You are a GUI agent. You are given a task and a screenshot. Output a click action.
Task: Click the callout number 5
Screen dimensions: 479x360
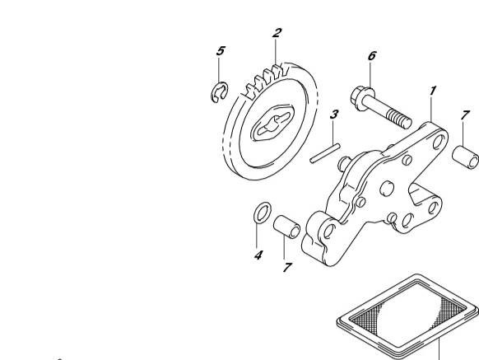221,51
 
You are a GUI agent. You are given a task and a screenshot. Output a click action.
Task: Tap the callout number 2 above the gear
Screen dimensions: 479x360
277,33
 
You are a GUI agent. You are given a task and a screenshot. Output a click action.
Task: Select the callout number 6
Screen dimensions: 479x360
372,56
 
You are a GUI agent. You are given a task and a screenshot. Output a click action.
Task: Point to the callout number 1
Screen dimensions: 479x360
433,91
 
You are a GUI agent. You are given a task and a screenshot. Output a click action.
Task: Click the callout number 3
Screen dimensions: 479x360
334,115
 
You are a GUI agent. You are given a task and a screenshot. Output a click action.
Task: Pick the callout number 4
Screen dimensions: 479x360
258,255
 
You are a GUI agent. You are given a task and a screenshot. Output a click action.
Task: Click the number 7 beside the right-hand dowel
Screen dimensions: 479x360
465,115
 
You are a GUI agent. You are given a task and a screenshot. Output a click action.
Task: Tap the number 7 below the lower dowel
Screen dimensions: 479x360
287,268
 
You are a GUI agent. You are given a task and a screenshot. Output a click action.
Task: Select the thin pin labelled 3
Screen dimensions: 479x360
325,153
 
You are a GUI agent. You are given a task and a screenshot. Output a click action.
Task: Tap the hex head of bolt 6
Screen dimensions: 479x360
363,99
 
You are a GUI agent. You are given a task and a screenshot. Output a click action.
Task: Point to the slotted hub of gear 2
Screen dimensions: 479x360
272,123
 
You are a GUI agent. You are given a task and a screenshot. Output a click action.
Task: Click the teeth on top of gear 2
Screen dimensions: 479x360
267,80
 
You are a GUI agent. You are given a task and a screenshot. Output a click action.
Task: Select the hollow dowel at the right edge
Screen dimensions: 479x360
466,157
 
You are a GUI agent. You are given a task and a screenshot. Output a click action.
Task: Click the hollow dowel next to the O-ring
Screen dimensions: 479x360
286,227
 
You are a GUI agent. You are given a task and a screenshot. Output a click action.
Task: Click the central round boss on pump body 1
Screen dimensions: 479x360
387,189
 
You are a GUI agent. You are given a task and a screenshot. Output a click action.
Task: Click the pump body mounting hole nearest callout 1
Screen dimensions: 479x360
439,142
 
